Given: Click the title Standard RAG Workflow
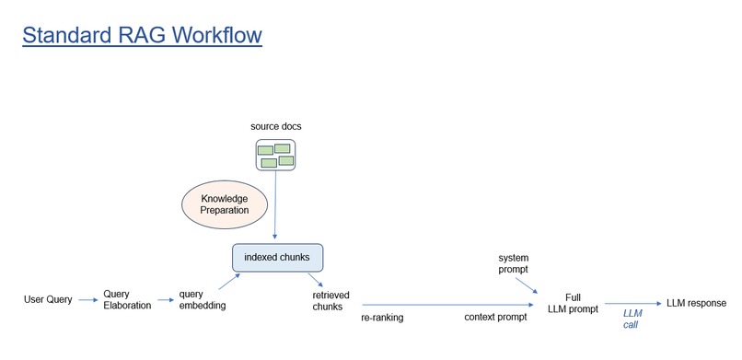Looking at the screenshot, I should (142, 36).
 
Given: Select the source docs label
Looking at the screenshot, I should (275, 125).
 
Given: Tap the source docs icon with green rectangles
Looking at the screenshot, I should (275, 155).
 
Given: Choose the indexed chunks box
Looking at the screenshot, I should (277, 257).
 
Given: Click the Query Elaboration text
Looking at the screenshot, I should (127, 300).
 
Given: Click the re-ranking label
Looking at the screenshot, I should (381, 318).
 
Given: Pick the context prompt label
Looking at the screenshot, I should (495, 318).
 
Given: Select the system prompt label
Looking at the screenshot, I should (514, 264).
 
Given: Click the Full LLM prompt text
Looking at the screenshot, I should (573, 303).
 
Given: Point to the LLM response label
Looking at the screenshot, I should (696, 303).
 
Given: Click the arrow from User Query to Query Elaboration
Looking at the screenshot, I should (87, 300).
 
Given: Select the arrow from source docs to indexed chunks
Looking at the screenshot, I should (275, 207).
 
